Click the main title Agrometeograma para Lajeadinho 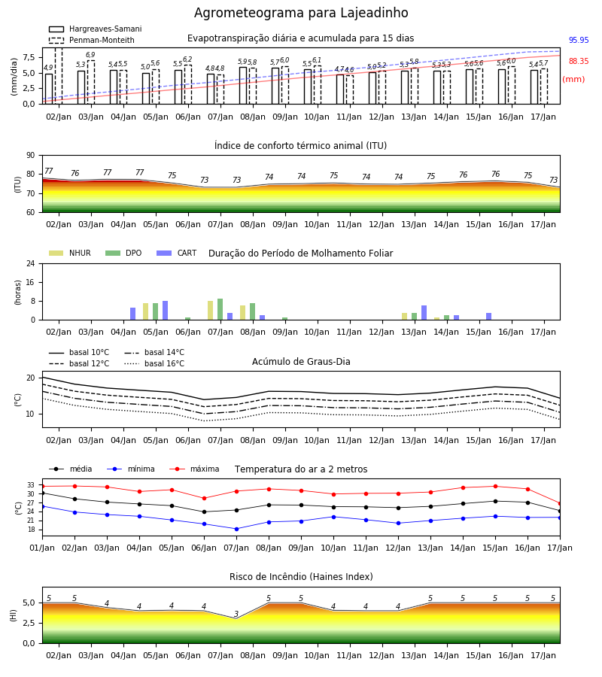coord(301,13)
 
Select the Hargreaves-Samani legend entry coord(96,29)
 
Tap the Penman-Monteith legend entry coord(92,40)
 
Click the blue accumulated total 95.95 coord(579,40)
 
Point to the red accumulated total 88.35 coord(579,62)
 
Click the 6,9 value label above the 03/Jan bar coord(90,55)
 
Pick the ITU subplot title coord(300,145)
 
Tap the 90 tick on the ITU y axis coord(30,156)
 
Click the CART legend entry coord(177,253)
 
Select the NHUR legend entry coord(70,253)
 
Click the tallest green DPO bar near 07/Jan coord(220,309)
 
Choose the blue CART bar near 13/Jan coord(424,313)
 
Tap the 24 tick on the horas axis coord(31,263)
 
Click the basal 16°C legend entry coord(154,363)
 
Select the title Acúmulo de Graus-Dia coord(301,361)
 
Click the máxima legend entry coord(194,469)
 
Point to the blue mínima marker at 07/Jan coord(236,529)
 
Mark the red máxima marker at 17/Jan coord(560,504)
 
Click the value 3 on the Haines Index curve coord(236,614)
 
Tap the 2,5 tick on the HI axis coord(29,623)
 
